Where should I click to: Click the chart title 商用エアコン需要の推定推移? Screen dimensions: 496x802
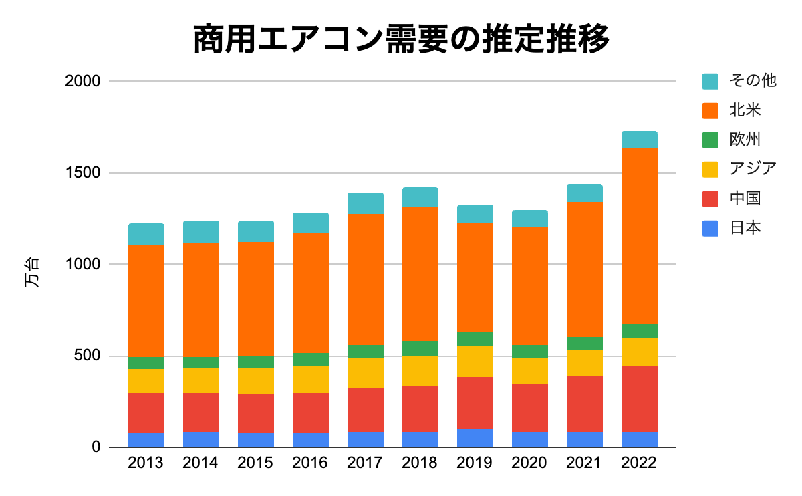pyautogui.click(x=401, y=39)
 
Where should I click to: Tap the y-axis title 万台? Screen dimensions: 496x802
pyautogui.click(x=32, y=272)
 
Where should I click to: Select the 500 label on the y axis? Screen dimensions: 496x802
pyautogui.click(x=88, y=356)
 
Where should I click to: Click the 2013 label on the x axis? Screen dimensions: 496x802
pyautogui.click(x=146, y=463)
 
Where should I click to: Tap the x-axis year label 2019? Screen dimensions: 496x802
pyautogui.click(x=475, y=463)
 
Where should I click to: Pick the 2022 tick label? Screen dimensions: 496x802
pyautogui.click(x=640, y=463)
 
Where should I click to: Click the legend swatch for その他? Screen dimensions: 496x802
pyautogui.click(x=710, y=81)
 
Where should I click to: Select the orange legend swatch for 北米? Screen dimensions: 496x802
pyautogui.click(x=710, y=110)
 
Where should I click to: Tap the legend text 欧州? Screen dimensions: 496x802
pyautogui.click(x=745, y=140)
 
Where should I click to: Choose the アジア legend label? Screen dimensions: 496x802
pyautogui.click(x=753, y=169)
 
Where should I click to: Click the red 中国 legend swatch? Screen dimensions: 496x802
pyautogui.click(x=710, y=199)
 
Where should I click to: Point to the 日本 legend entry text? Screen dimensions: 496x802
pyautogui.click(x=745, y=228)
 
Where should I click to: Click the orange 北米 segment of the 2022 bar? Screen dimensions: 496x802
pyautogui.click(x=640, y=235)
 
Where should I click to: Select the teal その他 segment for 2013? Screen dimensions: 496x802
pyautogui.click(x=146, y=234)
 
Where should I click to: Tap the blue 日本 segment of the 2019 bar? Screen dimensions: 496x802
pyautogui.click(x=475, y=438)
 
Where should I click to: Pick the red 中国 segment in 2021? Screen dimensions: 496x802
pyautogui.click(x=585, y=404)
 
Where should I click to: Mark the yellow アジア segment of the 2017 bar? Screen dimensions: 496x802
pyautogui.click(x=366, y=373)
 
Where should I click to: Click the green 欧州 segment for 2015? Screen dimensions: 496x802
pyautogui.click(x=256, y=362)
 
